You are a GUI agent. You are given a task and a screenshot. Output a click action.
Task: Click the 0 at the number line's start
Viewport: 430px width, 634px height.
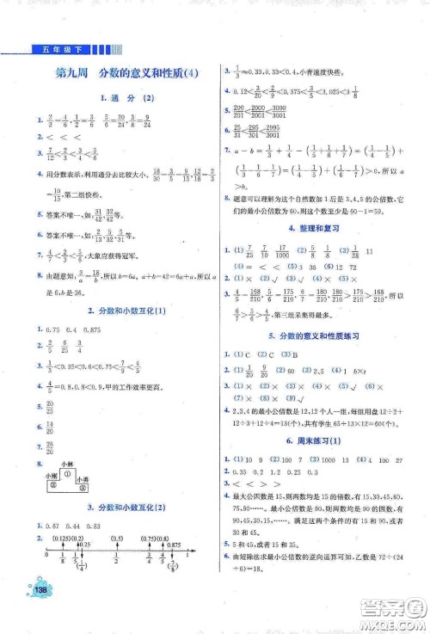(42, 555)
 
